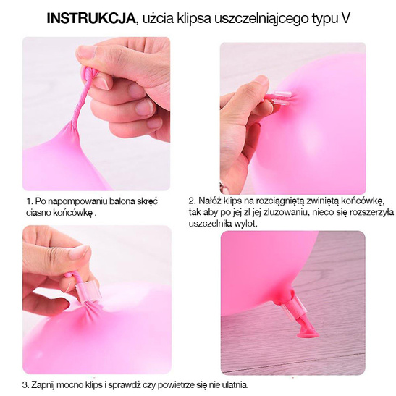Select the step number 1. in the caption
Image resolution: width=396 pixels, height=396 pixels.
[x=29, y=201]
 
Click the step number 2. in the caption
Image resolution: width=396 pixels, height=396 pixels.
[x=192, y=201]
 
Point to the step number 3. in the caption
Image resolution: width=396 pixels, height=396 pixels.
[x=27, y=384]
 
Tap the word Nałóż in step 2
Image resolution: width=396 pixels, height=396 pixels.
[x=211, y=201]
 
